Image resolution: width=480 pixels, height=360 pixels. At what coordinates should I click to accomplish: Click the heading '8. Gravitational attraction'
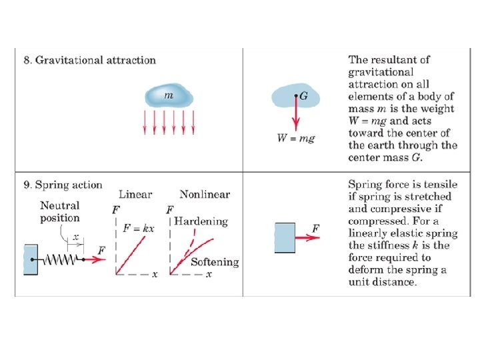tap(89, 61)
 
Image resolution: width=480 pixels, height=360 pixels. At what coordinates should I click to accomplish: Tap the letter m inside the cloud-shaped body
tap(169, 96)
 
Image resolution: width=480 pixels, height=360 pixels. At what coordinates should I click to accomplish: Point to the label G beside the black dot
tap(304, 97)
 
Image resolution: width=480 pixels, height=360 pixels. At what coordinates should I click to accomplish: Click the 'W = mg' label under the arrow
tap(296, 139)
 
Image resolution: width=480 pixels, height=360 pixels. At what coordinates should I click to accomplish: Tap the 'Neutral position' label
tap(59, 212)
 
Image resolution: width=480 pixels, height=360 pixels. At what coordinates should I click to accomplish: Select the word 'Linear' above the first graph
tap(135, 195)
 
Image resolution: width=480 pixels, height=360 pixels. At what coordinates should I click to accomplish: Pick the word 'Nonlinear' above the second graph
tap(205, 195)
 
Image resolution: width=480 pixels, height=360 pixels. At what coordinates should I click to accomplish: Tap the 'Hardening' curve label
tap(201, 221)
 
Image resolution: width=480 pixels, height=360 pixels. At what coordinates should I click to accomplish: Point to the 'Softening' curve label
tap(215, 262)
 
